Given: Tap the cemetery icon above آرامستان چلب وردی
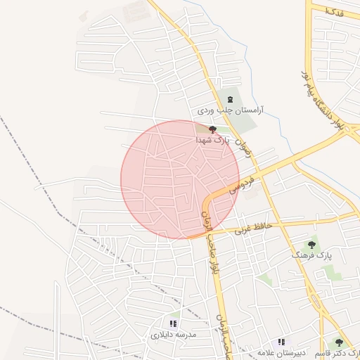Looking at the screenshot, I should (x=229, y=99).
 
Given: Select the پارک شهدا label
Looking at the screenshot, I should (x=213, y=141).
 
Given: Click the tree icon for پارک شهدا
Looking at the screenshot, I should (x=212, y=129).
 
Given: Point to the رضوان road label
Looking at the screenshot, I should (x=243, y=146).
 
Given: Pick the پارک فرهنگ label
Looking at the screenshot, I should (x=311, y=256).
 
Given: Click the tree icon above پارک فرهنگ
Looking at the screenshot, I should (x=311, y=245).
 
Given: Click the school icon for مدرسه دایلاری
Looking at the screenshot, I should (x=174, y=324).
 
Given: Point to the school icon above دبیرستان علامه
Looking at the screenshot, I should (x=281, y=342).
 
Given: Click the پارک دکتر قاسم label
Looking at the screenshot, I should (x=337, y=354).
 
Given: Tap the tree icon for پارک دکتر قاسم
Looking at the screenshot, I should (x=339, y=342).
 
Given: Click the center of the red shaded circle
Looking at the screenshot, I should (x=180, y=179).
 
